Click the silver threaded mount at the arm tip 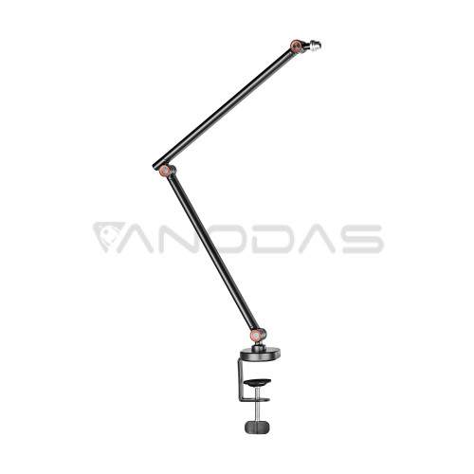(315, 46)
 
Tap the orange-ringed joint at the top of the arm (297, 46)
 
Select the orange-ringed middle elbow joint (164, 171)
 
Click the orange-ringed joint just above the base (255, 335)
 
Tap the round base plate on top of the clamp (260, 354)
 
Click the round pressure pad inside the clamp (257, 382)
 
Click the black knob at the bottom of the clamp (257, 427)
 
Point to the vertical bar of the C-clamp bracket (241, 379)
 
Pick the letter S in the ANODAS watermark (363, 239)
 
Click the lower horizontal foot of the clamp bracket (255, 399)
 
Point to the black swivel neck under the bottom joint (258, 345)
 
